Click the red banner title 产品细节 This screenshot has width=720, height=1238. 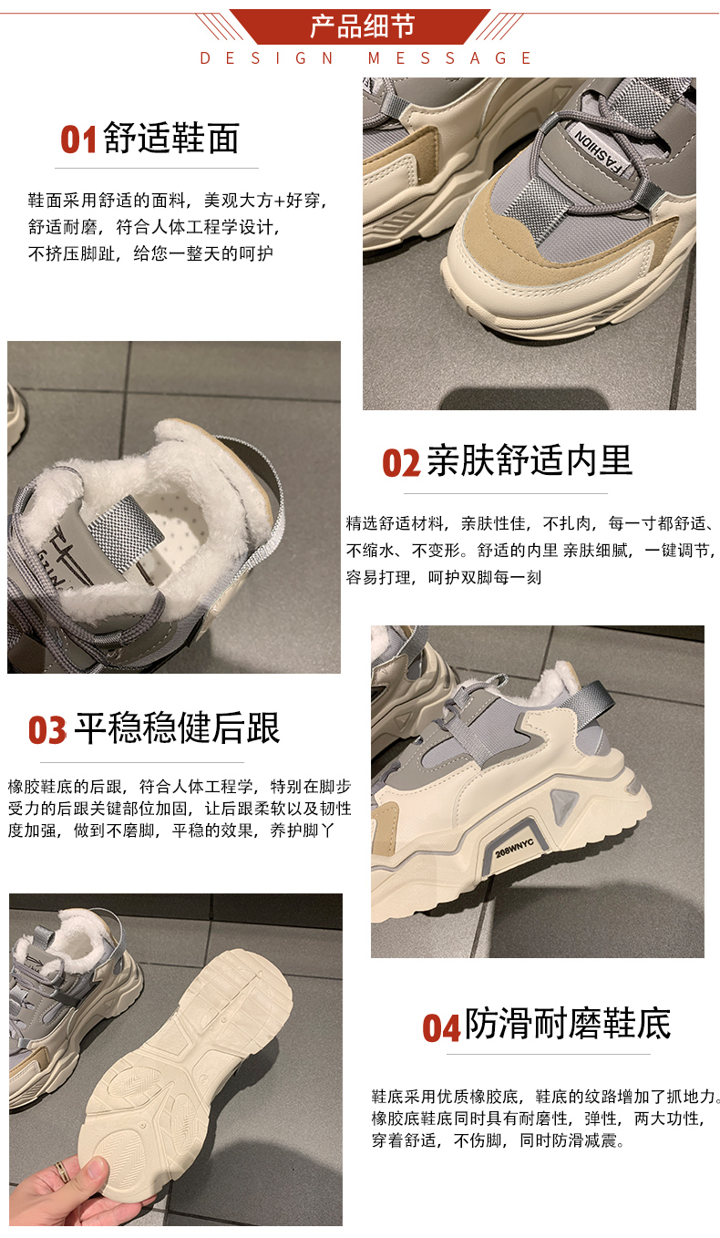pyautogui.click(x=362, y=26)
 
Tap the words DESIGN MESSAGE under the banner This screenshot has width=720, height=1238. pyautogui.click(x=365, y=58)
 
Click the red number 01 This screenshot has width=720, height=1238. pyautogui.click(x=78, y=139)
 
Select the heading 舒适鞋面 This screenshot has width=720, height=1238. pyautogui.click(x=171, y=138)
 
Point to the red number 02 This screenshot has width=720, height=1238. pyautogui.click(x=402, y=462)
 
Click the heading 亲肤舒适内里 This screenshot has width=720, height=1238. pyautogui.click(x=530, y=459)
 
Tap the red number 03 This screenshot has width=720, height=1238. pyautogui.click(x=47, y=730)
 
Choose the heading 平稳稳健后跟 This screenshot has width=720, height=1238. pyautogui.click(x=177, y=727)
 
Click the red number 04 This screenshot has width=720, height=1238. pyautogui.click(x=441, y=1028)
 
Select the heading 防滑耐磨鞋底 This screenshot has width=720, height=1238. pyautogui.click(x=568, y=1024)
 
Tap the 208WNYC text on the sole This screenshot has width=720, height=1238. pyautogui.click(x=514, y=848)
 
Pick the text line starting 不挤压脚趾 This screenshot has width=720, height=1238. pyautogui.click(x=151, y=253)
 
